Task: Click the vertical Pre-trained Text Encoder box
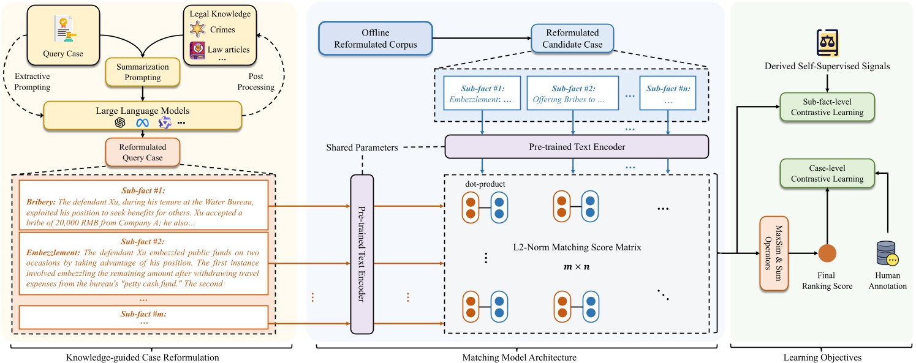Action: [361, 253]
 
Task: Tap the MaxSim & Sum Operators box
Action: [773, 252]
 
